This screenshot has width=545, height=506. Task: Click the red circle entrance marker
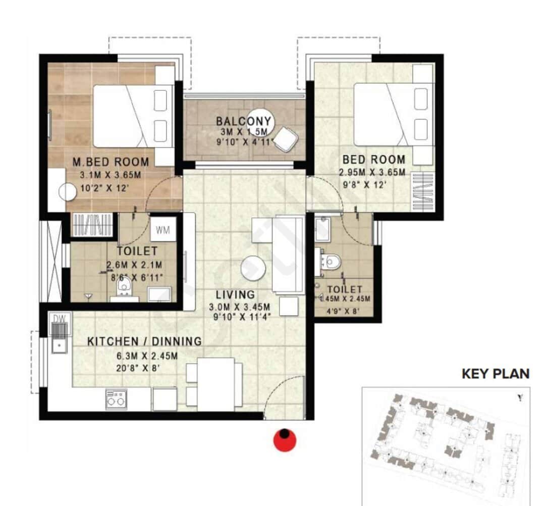tap(285, 440)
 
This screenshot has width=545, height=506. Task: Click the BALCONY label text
tap(243, 121)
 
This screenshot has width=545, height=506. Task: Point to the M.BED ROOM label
tap(111, 162)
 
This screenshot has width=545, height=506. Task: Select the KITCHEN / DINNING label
tap(144, 341)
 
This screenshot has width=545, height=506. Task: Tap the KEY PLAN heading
tap(496, 374)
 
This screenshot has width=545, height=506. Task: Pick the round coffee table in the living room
tap(253, 268)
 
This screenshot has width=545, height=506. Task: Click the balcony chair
tap(285, 139)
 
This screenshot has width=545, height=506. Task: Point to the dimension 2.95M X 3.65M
tap(372, 173)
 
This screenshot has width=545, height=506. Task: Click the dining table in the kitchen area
tap(215, 384)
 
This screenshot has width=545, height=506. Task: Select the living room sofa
tap(288, 254)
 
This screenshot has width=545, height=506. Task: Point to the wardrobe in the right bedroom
tap(422, 192)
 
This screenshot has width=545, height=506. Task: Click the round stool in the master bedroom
tap(67, 192)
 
